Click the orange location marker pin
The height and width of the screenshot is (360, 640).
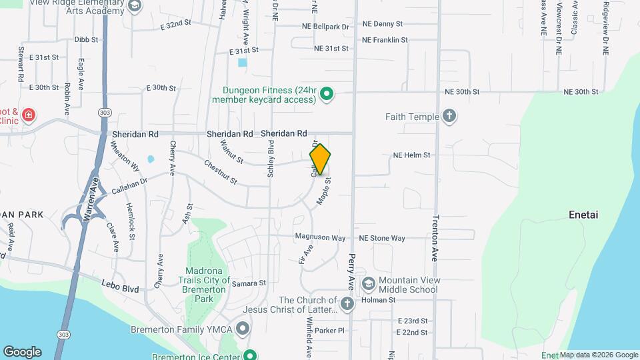(x=321, y=159)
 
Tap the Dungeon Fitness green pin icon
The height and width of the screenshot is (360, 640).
(x=327, y=95)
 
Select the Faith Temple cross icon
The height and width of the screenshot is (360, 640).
(x=449, y=117)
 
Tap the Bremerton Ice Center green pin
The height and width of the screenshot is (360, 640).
(x=250, y=355)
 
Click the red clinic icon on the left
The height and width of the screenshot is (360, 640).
(x=28, y=115)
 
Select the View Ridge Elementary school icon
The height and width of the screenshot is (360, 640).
(x=135, y=6)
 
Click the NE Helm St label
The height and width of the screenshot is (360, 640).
(x=412, y=155)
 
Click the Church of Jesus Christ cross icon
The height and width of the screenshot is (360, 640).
(x=347, y=305)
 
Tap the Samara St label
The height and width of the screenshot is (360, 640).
(x=249, y=283)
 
